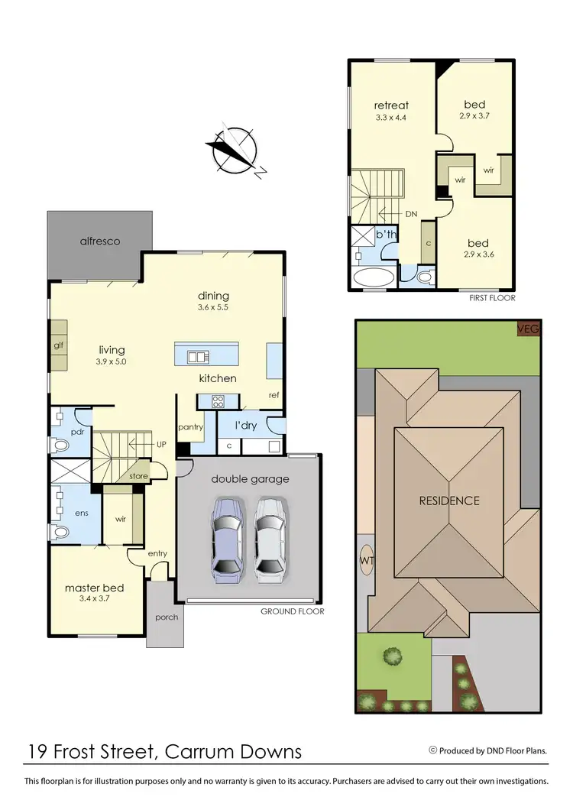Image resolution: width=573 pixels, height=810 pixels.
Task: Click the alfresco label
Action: [99, 241]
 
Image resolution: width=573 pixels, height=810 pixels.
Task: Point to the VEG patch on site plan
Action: [528, 329]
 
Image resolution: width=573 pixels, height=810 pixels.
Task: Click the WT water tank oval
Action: [366, 560]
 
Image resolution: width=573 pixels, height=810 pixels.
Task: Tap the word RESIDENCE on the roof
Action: [448, 501]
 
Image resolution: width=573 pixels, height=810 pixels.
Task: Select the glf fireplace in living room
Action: [57, 345]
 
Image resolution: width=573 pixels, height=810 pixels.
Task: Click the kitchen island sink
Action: [198, 356]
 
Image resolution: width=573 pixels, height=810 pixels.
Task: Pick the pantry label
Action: [189, 427]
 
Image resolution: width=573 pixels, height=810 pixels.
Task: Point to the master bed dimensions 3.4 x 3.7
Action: [95, 600]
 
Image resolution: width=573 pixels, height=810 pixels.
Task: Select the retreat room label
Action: [391, 105]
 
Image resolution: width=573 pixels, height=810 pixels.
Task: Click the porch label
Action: [166, 617]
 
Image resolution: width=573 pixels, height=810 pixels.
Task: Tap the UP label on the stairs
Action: [160, 444]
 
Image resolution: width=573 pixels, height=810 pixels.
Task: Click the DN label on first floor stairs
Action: [410, 215]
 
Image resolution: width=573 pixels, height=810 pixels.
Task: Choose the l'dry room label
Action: [244, 426]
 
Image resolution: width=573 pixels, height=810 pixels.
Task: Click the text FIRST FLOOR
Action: [492, 298]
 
